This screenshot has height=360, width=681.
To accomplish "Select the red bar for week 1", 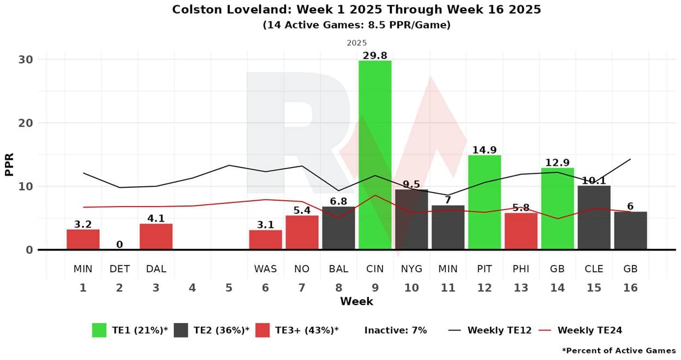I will point(83,239).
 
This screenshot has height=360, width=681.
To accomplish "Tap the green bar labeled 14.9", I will point(485,202).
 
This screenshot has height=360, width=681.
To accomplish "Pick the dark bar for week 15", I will point(594,218).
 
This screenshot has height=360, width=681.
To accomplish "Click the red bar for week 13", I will point(521,231).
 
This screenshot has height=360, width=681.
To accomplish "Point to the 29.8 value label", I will point(375,55).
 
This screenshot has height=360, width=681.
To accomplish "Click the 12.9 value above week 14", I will point(557,163).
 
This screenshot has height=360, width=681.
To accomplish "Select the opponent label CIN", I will point(375,269).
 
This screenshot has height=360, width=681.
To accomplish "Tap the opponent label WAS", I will point(265,269).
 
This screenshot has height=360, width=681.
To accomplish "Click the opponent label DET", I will point(120,269).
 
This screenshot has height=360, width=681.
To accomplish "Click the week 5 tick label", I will point(229,287).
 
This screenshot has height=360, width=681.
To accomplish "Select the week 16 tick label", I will point(630,287).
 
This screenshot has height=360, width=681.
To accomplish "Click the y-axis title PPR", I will point(9,164).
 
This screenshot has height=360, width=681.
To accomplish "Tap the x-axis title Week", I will point(356,301).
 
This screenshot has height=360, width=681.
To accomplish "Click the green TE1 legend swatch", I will point(99,330).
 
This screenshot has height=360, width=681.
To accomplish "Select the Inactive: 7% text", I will point(396,330).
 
